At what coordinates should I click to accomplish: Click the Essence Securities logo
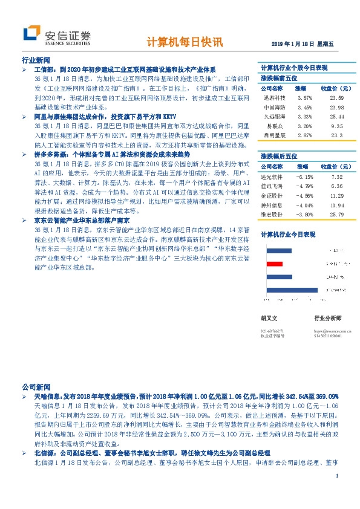coord(56,36)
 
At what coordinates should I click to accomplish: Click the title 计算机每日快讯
coord(185,43)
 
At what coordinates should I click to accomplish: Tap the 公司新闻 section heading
coord(35,385)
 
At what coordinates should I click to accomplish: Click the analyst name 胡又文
coord(269,317)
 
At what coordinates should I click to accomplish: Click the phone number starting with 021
coord(272,331)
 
